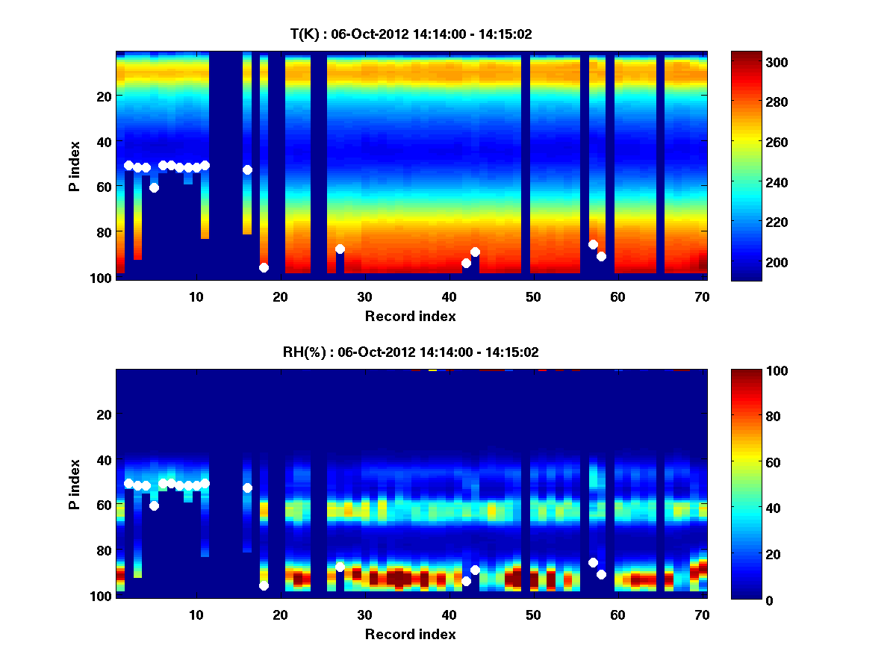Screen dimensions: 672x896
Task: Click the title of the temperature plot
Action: [x=411, y=34]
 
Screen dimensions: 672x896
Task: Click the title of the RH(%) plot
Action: [x=411, y=352]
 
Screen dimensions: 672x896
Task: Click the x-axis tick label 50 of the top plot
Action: [x=533, y=296]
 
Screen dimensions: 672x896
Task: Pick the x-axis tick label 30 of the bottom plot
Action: [x=364, y=615]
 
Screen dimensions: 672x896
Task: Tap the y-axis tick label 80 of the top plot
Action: [x=103, y=232]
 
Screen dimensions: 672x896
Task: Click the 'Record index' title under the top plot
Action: [x=411, y=316]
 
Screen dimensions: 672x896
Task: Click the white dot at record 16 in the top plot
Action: [x=247, y=169]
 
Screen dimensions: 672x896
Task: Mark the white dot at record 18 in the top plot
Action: [x=264, y=267]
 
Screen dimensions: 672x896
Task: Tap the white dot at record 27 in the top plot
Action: [x=340, y=249]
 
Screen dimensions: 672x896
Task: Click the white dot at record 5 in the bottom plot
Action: [x=154, y=505]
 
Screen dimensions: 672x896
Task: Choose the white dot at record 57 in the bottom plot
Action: [x=593, y=562]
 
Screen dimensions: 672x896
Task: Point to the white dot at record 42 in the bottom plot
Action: [x=466, y=581]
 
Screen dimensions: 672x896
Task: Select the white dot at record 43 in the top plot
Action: [x=475, y=252]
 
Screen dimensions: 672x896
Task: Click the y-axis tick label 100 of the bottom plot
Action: [x=100, y=596]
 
